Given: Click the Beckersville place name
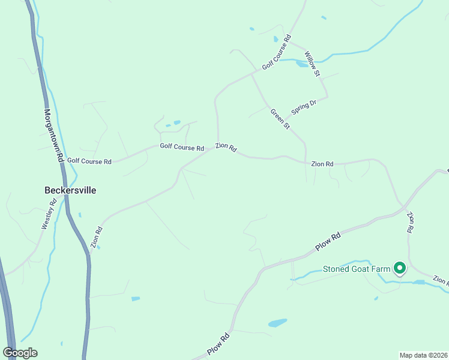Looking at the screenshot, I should (x=70, y=190).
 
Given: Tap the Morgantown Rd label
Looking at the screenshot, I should (x=53, y=136).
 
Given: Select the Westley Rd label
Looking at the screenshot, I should (x=49, y=214).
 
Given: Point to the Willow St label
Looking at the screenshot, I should (x=312, y=64).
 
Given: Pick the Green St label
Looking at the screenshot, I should (x=280, y=119).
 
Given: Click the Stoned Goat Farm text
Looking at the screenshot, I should (x=357, y=269).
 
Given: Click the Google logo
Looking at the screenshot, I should (x=20, y=353).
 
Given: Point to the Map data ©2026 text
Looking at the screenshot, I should (x=423, y=355).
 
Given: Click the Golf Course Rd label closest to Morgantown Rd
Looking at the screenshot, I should (x=89, y=161).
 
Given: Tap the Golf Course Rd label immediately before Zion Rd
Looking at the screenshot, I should (x=182, y=147).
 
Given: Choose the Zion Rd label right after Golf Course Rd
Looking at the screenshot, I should (x=226, y=147).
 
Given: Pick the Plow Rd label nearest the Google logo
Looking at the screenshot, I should (x=219, y=344).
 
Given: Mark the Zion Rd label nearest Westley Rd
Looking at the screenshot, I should (x=96, y=238).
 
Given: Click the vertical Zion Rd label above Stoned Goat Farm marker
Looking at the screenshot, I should (x=411, y=222).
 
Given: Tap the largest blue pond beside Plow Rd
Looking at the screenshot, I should (x=277, y=323).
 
